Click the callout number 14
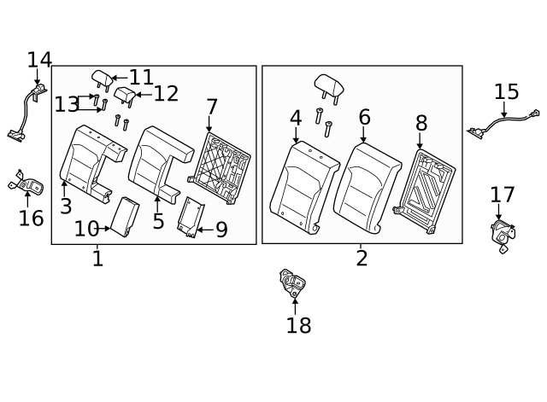tap(39, 60)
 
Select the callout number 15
tap(506, 91)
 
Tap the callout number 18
tap(298, 325)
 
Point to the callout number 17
tap(502, 195)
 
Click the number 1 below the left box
tap(97, 258)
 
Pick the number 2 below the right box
tap(362, 258)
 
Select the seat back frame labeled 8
tap(425, 191)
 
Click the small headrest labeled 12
tap(125, 95)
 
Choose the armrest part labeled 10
tap(126, 216)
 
